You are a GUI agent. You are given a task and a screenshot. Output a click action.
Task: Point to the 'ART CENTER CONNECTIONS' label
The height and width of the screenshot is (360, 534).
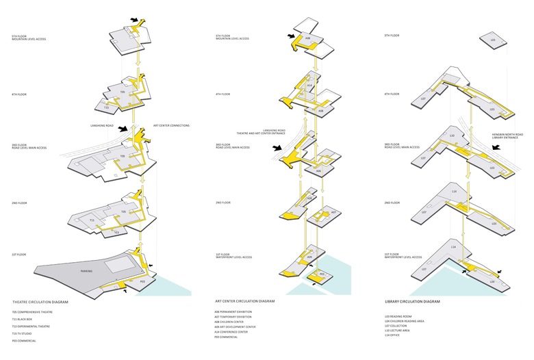point(171,125)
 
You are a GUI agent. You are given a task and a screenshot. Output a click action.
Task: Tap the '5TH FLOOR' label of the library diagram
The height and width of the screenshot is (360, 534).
point(392,36)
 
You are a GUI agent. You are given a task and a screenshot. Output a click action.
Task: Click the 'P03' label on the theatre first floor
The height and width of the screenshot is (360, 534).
point(142,281)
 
